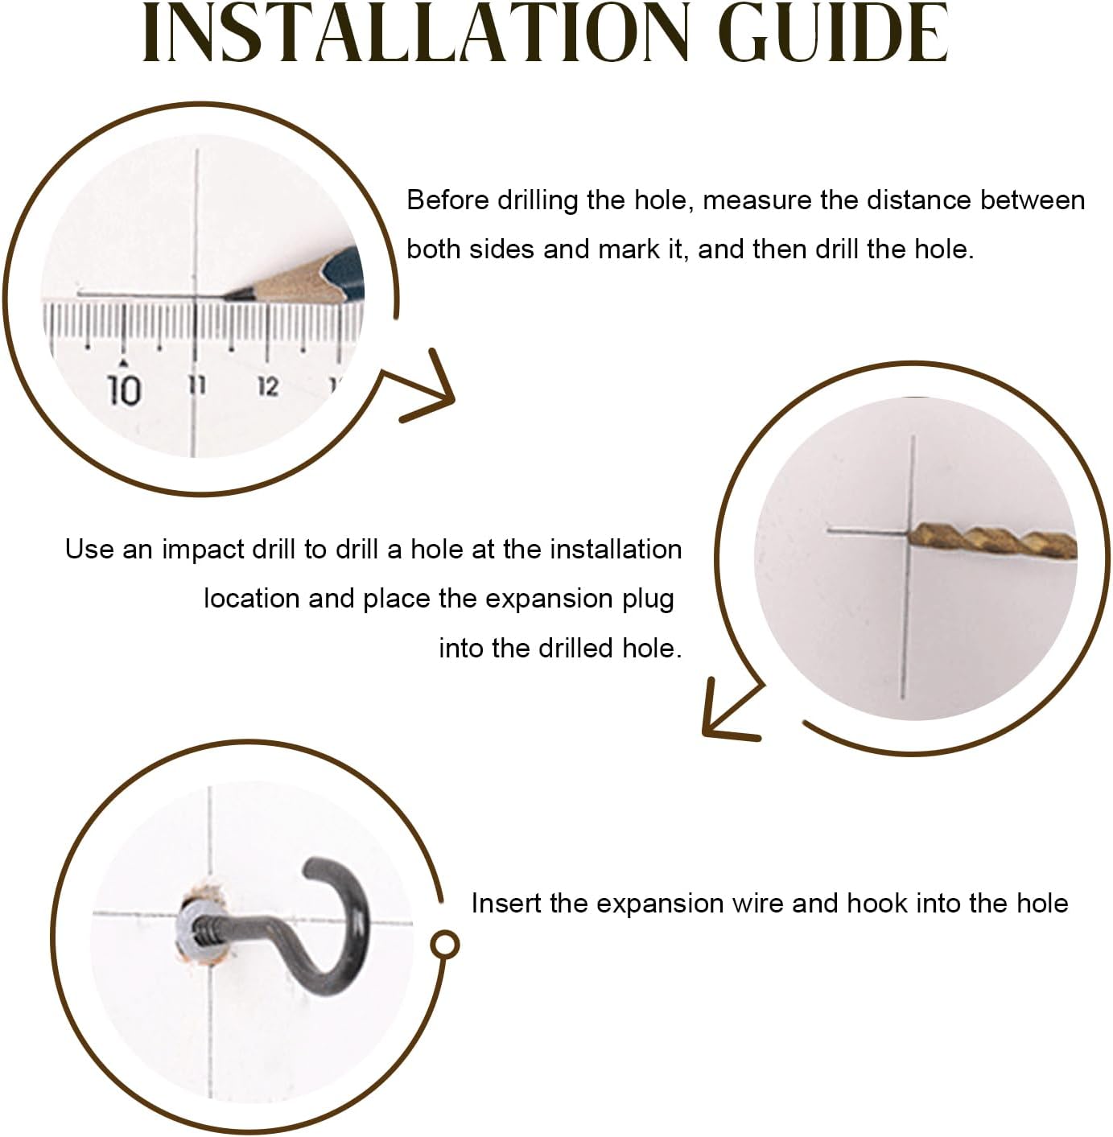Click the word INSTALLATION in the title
[x=416, y=34]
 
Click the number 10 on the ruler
[x=124, y=390]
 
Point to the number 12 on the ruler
[x=268, y=386]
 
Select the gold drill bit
[x=992, y=541]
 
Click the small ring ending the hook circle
[x=444, y=945]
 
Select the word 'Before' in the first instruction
[x=448, y=200]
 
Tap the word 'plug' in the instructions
[x=649, y=600]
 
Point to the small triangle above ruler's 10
[x=123, y=361]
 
